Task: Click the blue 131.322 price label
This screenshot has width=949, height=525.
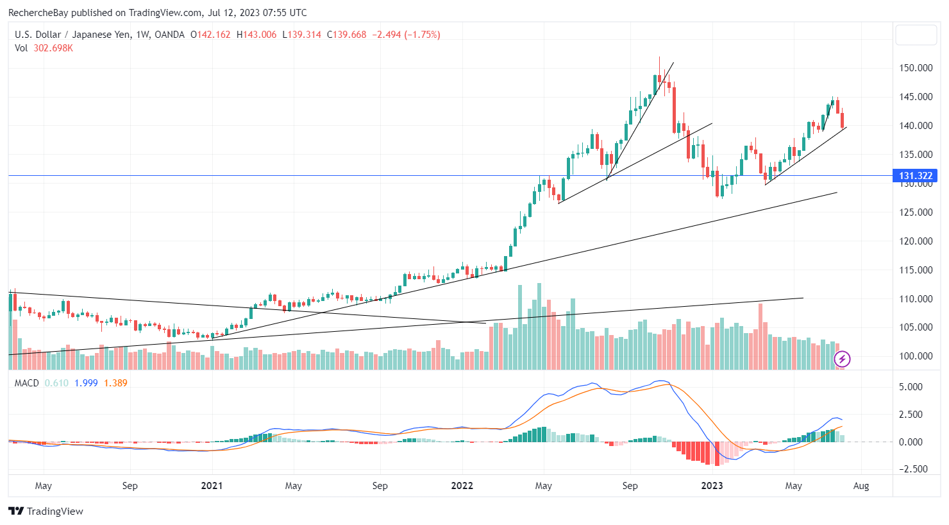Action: click(915, 176)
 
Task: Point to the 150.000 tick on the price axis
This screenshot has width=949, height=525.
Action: click(916, 68)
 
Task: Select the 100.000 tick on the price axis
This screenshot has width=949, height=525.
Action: click(916, 356)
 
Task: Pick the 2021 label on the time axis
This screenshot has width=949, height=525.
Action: click(212, 486)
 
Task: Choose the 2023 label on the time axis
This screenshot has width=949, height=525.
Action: click(712, 486)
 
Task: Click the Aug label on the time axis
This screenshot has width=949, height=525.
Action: click(861, 486)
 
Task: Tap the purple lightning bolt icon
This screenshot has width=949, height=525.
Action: click(842, 359)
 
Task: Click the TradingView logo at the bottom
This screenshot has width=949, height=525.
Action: click(46, 512)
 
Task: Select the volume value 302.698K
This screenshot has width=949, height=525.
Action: click(53, 48)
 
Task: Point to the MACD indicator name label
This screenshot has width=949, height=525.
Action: click(27, 383)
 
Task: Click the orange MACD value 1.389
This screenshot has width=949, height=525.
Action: click(115, 383)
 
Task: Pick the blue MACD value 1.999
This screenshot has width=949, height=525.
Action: click(86, 383)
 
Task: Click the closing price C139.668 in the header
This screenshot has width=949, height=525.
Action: click(346, 35)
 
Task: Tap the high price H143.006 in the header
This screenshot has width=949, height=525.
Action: click(256, 35)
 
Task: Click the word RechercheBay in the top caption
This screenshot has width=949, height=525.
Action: click(38, 13)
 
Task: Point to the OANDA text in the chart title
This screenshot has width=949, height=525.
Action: click(170, 35)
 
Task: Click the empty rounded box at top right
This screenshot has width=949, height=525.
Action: click(916, 35)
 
